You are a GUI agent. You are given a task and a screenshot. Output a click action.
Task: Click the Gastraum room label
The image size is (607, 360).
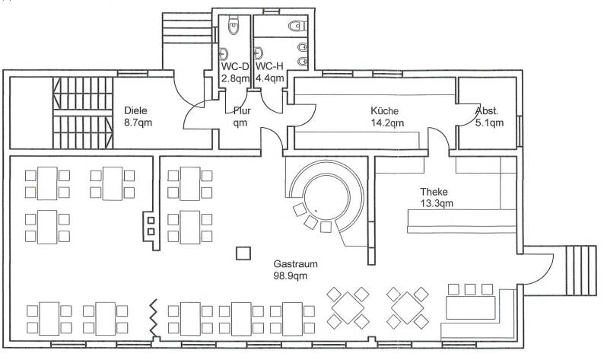[x=295, y=264]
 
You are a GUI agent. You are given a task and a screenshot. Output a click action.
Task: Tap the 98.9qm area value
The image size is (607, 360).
[x=291, y=276]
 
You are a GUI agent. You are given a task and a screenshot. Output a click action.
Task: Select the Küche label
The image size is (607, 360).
[x=384, y=111]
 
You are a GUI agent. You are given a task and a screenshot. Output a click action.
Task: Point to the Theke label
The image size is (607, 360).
[x=434, y=192]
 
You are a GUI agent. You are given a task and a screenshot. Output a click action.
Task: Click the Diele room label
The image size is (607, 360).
[x=136, y=111]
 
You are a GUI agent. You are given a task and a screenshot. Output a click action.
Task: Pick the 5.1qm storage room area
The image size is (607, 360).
[x=489, y=123]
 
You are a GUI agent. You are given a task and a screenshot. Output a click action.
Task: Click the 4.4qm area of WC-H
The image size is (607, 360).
[x=270, y=78]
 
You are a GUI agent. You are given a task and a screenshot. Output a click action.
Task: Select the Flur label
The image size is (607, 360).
[x=242, y=111]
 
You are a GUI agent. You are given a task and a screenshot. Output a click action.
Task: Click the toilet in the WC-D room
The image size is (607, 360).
[x=234, y=26]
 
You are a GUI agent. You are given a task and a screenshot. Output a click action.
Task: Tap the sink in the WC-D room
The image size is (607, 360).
[x=224, y=53]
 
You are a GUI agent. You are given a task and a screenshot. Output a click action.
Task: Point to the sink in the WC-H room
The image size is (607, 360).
[x=259, y=53]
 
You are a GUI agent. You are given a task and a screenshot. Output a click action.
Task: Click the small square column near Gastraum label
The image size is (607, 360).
[x=243, y=253]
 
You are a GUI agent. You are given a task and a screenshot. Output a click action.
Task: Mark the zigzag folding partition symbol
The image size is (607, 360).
[x=154, y=318]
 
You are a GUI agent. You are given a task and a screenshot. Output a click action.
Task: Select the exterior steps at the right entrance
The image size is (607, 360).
[x=580, y=270]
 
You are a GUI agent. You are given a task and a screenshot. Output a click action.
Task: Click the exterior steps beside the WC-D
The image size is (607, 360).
[x=188, y=28]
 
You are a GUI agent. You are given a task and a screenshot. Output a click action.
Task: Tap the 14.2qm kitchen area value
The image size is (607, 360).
[x=387, y=123]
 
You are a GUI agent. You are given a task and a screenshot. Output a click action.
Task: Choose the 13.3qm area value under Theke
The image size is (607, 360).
[x=437, y=203]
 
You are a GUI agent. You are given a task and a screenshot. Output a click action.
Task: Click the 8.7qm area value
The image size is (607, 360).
[x=138, y=123]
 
